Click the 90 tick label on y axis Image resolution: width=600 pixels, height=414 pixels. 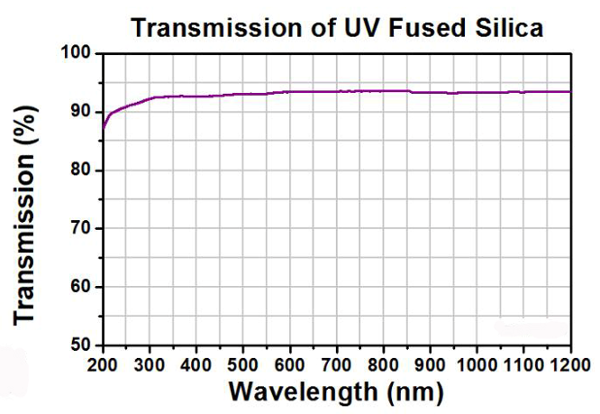[x=81, y=112]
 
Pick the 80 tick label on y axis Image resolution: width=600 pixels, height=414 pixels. [x=81, y=170]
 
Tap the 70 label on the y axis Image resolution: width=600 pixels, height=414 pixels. [x=81, y=229]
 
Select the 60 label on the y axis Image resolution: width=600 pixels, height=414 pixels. [x=81, y=288]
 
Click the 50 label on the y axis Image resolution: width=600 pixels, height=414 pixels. [x=81, y=345]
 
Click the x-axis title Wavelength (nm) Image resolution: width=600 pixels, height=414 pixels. [x=335, y=392]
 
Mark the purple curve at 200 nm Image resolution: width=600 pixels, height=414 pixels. [x=104, y=126]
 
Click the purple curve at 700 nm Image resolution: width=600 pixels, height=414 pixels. [x=337, y=91]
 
